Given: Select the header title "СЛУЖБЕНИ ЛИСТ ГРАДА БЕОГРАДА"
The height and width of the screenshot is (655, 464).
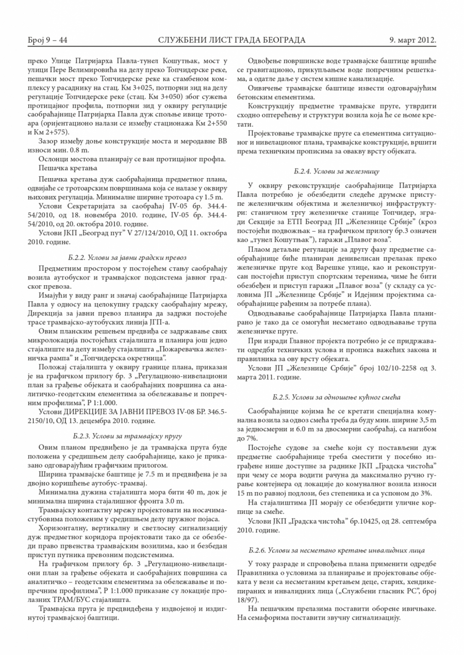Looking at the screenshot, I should [x=232, y=40].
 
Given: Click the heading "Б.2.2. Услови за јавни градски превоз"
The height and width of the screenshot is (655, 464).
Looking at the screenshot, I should [x=127, y=256].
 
